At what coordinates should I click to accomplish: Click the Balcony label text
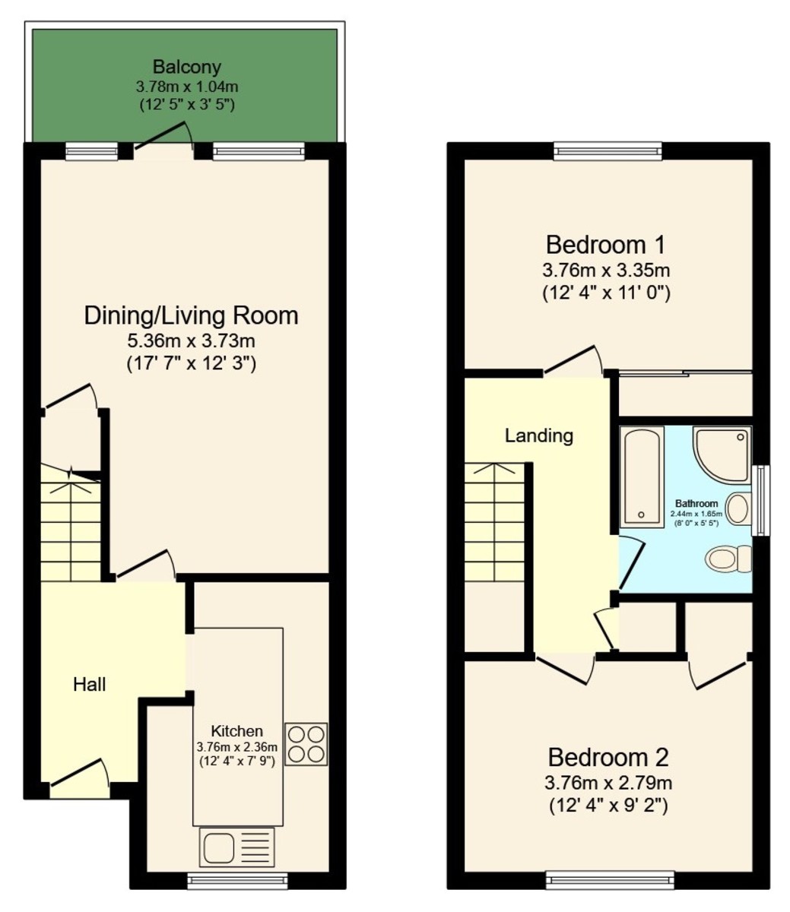pos(186,67)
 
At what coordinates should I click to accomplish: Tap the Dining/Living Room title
pos(191,315)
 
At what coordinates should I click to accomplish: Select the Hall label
pos(89,684)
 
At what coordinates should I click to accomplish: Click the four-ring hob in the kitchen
pos(306,743)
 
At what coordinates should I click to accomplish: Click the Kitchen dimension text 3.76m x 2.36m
pos(237,747)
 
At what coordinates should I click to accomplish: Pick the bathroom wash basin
pos(738,507)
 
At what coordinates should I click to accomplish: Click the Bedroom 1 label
pos(606,245)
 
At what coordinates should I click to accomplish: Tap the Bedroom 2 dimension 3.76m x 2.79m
pos(608,782)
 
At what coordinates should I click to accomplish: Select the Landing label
pos(539,435)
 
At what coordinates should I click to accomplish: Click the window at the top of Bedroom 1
pos(608,150)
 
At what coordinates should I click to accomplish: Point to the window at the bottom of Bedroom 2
pos(610,881)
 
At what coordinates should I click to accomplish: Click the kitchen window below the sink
pos(238,881)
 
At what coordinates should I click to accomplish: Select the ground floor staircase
pos(71,524)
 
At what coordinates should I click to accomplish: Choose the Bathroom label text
pos(696,503)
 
